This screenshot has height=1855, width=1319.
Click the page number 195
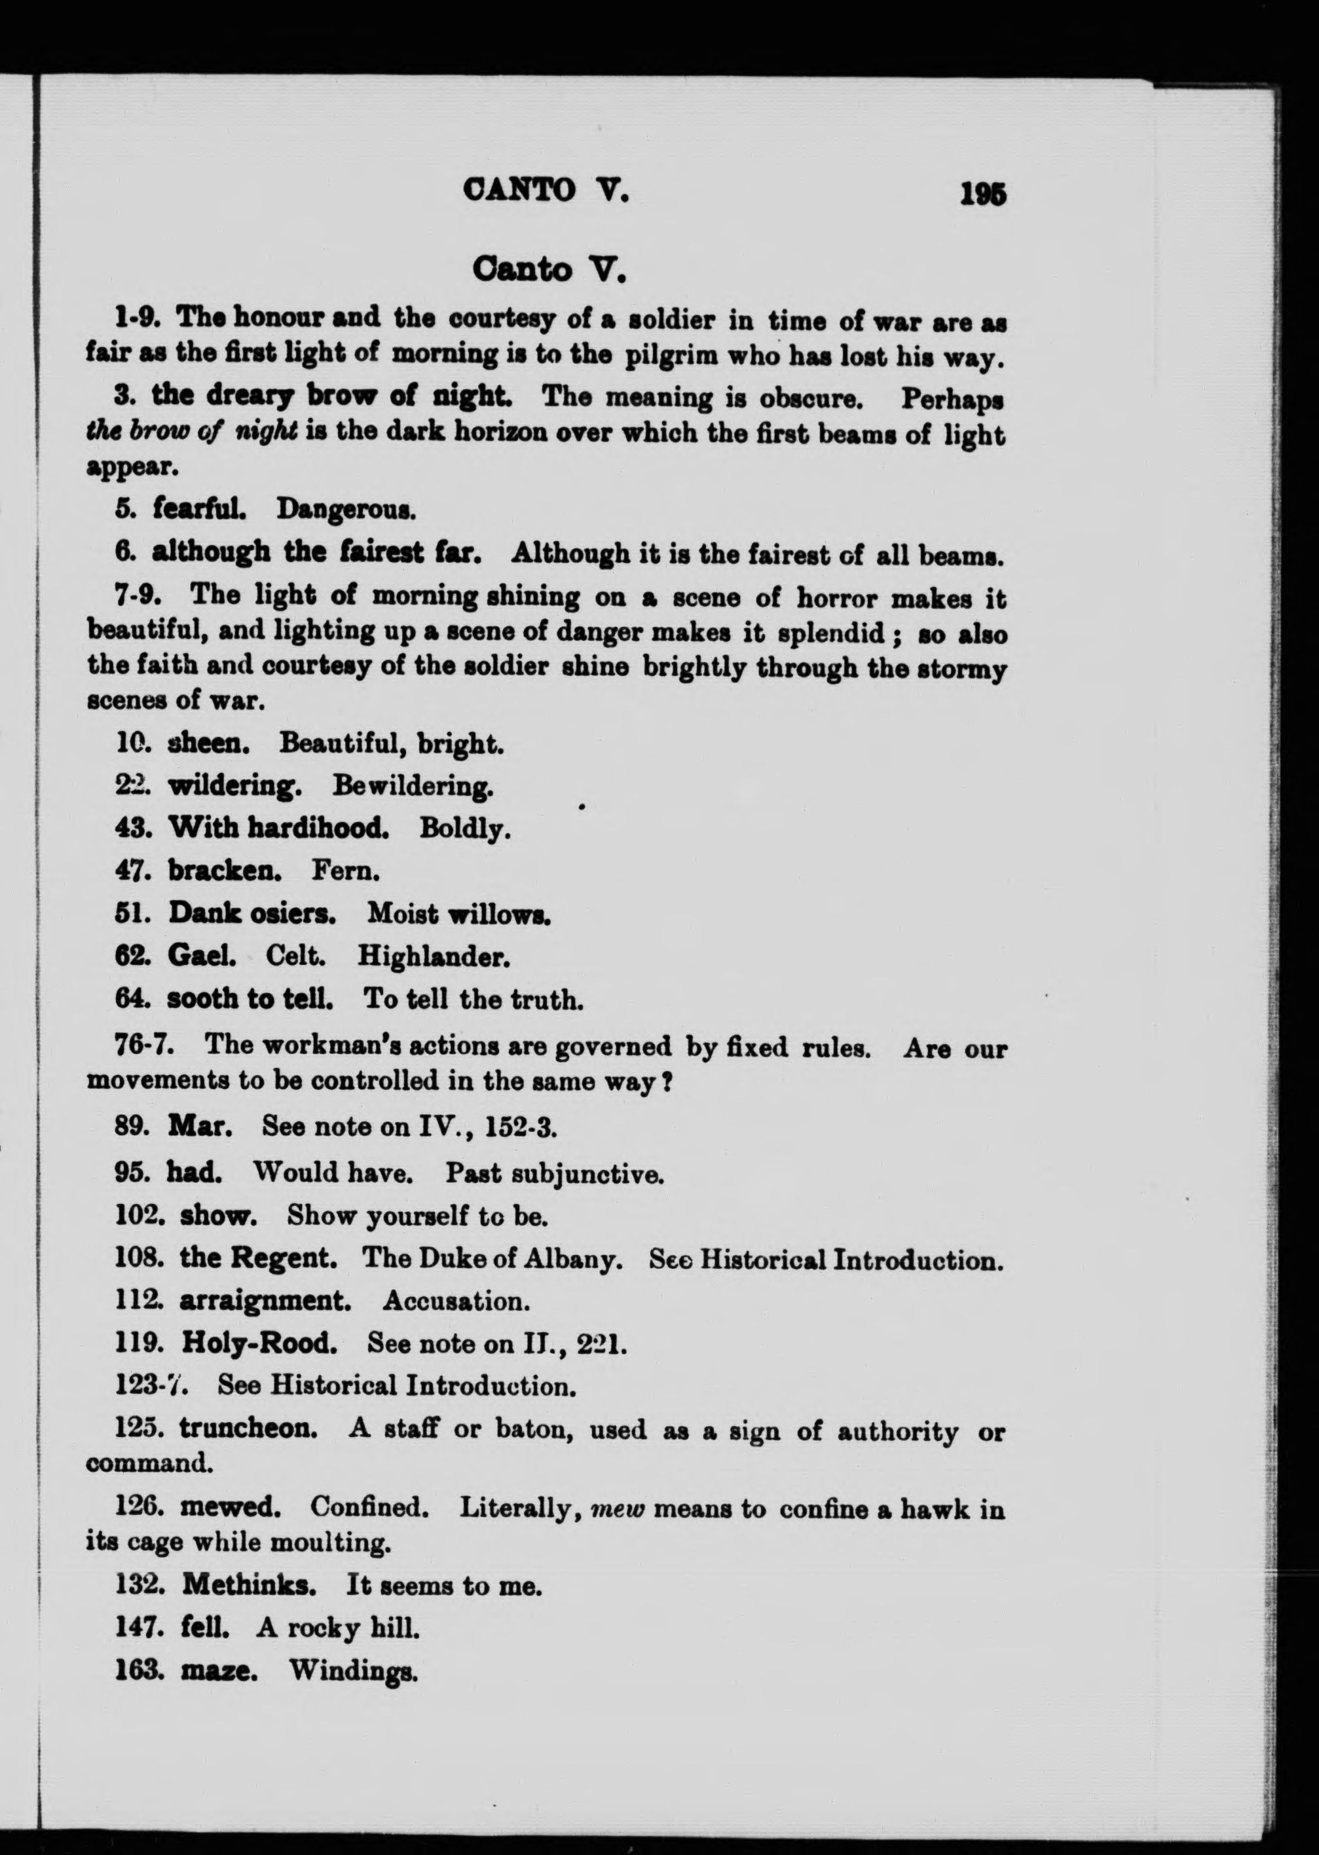coord(983,195)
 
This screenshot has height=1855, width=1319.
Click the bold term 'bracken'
coord(224,871)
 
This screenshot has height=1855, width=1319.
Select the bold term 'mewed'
coord(230,1508)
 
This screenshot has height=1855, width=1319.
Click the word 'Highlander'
coord(434,958)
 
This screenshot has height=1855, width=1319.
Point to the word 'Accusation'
coord(456,1302)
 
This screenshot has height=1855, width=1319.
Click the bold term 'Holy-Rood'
coord(258,1343)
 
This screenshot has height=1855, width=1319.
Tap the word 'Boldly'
coord(464,829)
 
